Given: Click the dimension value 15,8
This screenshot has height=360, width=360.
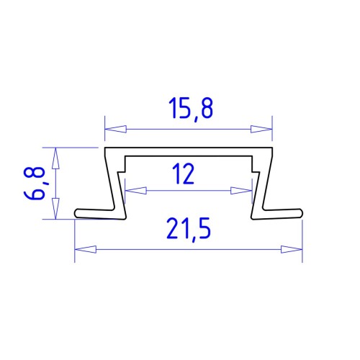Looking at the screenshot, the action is pyautogui.click(x=191, y=109).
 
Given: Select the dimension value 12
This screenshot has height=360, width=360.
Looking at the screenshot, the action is pyautogui.click(x=183, y=174).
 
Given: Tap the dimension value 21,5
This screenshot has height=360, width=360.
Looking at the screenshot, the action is pyautogui.click(x=189, y=228).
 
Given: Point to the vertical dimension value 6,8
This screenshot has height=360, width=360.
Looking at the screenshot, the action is pyautogui.click(x=35, y=183).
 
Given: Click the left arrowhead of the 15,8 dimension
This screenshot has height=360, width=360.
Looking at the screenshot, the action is pyautogui.click(x=116, y=129).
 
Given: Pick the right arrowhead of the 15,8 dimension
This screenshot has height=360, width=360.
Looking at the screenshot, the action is pyautogui.click(x=261, y=129).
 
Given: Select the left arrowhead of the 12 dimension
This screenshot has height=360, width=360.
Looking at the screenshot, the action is pyautogui.click(x=136, y=191).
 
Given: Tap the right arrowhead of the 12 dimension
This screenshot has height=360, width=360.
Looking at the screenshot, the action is pyautogui.click(x=241, y=191).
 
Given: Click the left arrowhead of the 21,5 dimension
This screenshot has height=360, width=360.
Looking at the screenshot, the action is pyautogui.click(x=86, y=249).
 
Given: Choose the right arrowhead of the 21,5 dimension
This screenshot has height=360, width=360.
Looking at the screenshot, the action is pyautogui.click(x=292, y=249).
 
